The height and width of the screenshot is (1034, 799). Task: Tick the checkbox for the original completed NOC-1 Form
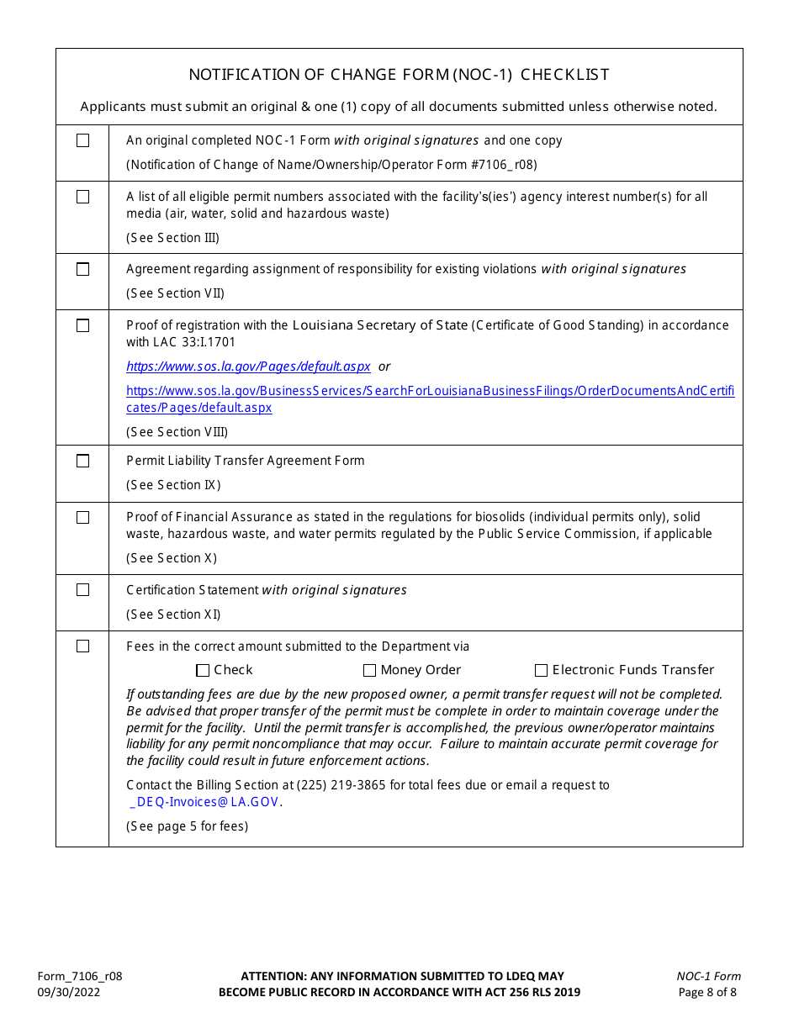point(82,140)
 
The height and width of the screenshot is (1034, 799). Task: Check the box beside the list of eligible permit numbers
point(82,197)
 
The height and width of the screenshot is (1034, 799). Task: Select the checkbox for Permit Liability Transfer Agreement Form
point(82,461)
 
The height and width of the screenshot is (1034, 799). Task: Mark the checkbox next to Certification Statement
point(82,590)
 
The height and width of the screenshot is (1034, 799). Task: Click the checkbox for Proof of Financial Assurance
point(82,517)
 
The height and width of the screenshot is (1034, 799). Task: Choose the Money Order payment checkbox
point(369,671)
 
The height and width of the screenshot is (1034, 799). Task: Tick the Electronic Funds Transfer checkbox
point(541,671)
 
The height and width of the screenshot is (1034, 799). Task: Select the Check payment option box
point(203,671)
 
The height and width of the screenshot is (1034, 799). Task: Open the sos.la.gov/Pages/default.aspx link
point(248,367)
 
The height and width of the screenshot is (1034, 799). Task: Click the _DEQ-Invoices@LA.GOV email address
point(204,802)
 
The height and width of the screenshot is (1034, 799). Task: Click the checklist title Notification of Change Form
point(399,75)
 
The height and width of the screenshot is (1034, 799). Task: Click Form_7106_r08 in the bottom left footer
point(80,976)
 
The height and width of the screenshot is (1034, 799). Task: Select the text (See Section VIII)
point(177,432)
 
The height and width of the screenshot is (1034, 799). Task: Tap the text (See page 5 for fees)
point(187,826)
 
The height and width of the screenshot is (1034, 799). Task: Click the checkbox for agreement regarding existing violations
point(82,269)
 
